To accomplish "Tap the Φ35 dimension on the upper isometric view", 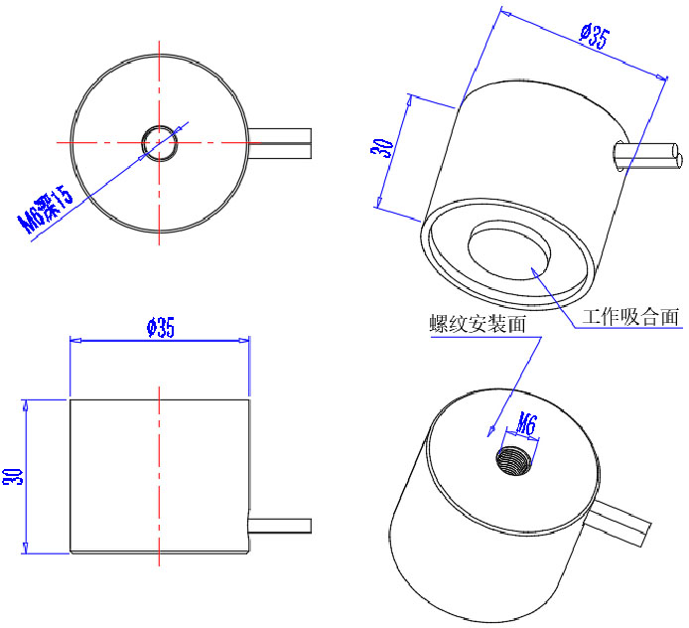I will coord(594,38).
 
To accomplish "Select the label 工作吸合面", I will coord(630,317).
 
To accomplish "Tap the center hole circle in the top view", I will coord(159,142).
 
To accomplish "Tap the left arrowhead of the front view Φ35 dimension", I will coord(74,339).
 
